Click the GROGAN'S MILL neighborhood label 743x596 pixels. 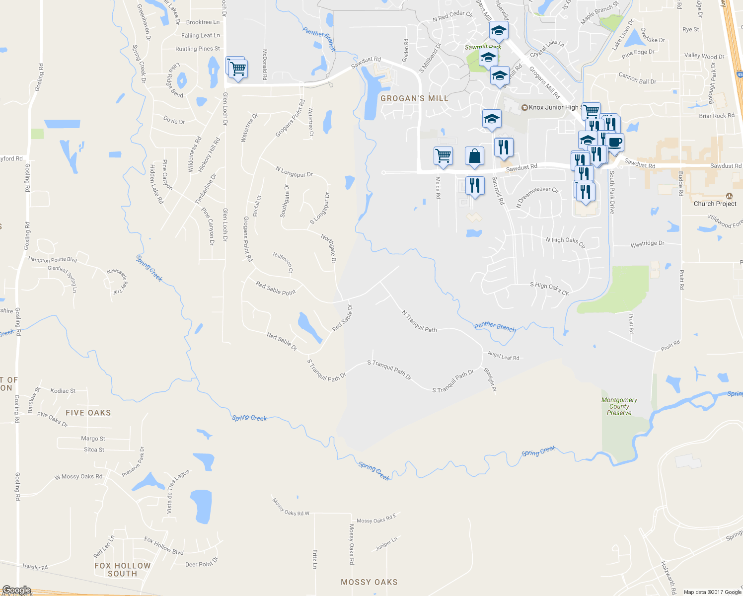point(414,98)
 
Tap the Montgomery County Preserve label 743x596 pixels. point(619,406)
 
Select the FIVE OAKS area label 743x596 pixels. point(88,413)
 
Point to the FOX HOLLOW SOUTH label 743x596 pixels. point(122,570)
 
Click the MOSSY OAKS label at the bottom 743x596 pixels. point(369,582)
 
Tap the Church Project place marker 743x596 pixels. point(729,197)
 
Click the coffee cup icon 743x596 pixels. point(615,143)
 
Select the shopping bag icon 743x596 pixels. point(475,156)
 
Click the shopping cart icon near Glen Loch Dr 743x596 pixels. point(238,69)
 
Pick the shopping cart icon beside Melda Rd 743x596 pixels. point(443,155)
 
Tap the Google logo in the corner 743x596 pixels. point(16,590)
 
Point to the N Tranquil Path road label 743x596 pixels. point(419,321)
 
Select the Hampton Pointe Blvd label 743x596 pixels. point(53,260)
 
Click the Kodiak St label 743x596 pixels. point(63,391)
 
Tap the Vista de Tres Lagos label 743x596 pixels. point(177,492)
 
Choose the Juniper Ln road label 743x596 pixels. point(386,544)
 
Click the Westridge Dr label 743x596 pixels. point(647,244)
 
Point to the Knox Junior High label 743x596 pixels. point(552,107)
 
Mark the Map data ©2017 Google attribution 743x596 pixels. point(712,592)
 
